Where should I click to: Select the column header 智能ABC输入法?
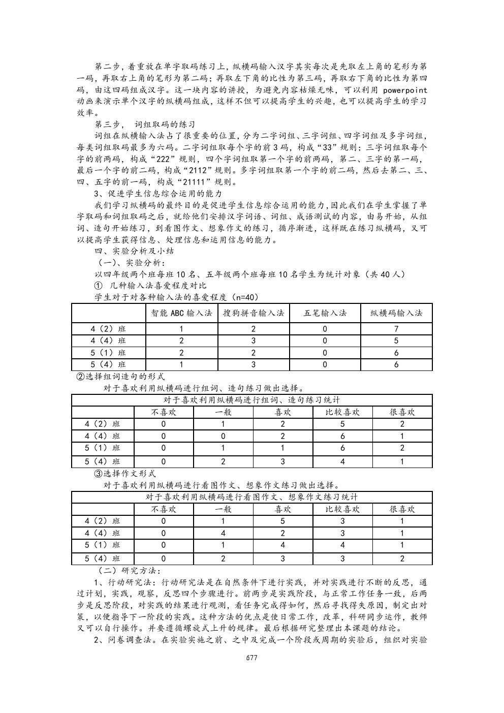181,313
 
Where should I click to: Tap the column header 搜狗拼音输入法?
253,313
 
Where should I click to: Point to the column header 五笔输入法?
325,313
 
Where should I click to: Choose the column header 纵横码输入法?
396,313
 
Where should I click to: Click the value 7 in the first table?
396,329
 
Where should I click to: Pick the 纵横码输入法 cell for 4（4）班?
396,341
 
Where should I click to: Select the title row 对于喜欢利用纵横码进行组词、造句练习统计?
252,400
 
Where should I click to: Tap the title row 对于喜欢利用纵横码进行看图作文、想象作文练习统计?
252,497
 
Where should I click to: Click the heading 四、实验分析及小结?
135,251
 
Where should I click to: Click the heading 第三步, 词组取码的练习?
145,125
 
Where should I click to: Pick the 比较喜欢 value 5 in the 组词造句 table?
342,424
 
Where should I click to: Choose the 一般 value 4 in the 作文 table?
223,533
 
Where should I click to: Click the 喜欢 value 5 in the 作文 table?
283,521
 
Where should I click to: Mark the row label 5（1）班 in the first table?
108,353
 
